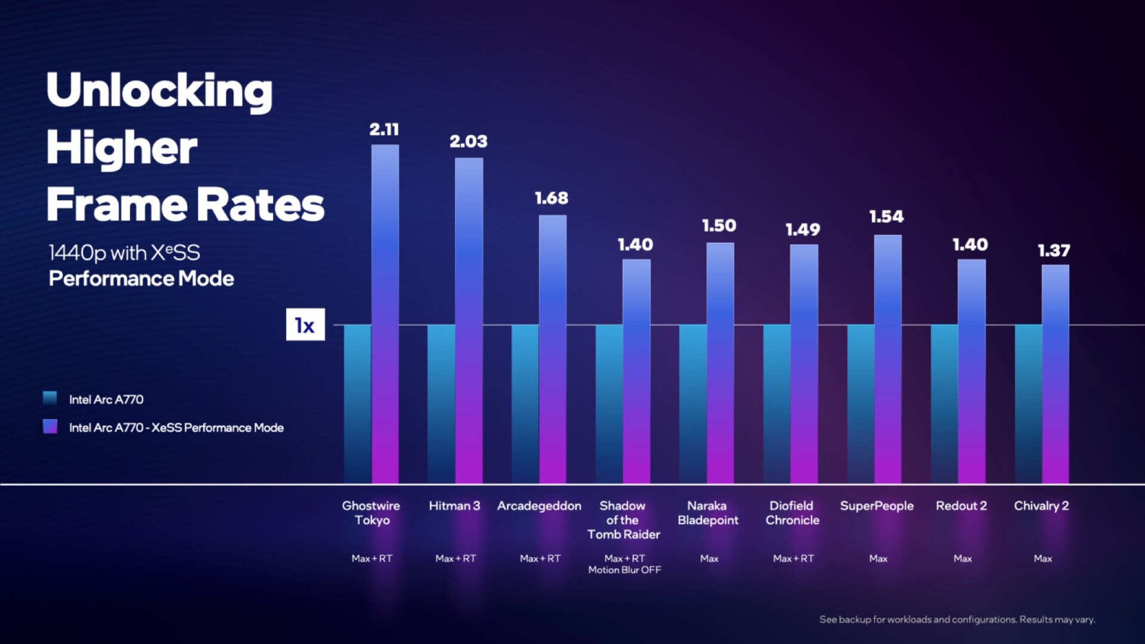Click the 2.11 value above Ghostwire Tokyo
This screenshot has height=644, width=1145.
click(384, 129)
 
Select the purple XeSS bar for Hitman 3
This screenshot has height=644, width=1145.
click(469, 322)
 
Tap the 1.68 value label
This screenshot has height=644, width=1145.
click(552, 198)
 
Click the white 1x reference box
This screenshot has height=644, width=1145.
click(305, 325)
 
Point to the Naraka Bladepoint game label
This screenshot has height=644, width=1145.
click(708, 513)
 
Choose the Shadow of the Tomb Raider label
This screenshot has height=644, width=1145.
click(623, 520)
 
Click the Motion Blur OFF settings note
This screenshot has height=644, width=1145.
click(624, 570)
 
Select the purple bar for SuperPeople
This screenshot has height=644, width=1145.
click(888, 358)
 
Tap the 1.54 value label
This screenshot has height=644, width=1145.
click(887, 216)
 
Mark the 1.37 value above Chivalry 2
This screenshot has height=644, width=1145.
click(1054, 250)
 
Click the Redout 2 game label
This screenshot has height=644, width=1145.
click(961, 506)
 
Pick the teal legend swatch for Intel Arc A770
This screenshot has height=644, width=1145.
click(50, 398)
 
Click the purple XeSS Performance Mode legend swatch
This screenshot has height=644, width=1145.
click(50, 426)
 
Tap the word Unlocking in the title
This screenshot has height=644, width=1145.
click(159, 91)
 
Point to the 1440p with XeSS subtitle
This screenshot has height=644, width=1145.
click(124, 253)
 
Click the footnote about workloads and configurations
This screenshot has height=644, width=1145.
click(957, 620)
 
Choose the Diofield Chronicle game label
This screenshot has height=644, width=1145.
click(792, 513)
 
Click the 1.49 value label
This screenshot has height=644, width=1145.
click(803, 230)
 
